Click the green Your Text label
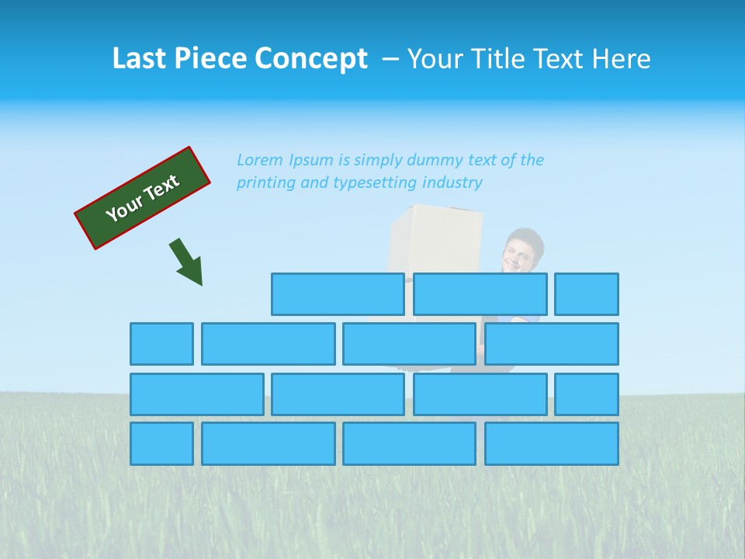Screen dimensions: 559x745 tap(143, 198)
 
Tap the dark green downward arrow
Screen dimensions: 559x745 tap(187, 262)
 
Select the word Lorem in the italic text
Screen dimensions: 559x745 tap(260, 160)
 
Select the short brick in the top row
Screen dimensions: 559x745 tap(587, 294)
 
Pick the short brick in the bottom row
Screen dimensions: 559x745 tap(161, 444)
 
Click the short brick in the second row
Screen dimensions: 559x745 tap(161, 344)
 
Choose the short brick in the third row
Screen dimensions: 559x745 tap(587, 394)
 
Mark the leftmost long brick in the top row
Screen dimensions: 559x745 tap(338, 294)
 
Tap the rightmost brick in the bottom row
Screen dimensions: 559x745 tap(552, 444)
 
